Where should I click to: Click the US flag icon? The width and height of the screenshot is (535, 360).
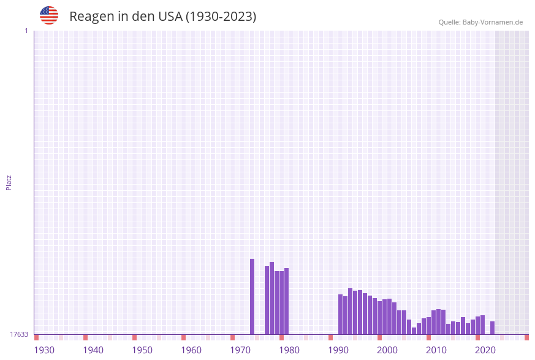[49, 15]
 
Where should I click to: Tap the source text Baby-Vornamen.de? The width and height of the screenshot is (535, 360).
[492, 22]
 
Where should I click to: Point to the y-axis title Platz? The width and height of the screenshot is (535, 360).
[9, 182]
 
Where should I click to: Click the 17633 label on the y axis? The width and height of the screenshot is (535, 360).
[19, 334]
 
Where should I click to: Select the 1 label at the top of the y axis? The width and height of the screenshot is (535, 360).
[26, 31]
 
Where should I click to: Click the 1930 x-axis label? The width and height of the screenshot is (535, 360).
[44, 350]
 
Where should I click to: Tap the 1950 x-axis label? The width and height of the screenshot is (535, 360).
[142, 350]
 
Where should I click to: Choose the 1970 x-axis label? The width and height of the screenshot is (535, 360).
[240, 350]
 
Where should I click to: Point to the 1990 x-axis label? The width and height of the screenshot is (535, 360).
[338, 350]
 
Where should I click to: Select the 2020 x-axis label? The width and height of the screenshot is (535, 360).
[485, 350]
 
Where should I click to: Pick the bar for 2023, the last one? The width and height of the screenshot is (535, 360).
[492, 328]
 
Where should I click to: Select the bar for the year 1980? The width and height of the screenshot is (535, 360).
[286, 301]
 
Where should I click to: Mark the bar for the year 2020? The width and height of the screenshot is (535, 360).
[482, 325]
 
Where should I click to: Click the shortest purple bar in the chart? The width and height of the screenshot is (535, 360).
[414, 331]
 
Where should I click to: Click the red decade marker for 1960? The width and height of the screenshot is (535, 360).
[183, 337]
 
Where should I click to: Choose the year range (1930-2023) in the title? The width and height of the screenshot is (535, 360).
[221, 17]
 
